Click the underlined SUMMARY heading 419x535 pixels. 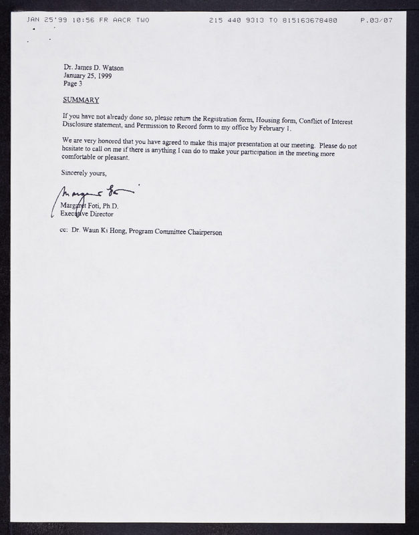[x=80, y=100]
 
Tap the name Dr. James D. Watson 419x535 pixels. [x=94, y=67]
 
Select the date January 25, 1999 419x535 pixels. [x=88, y=76]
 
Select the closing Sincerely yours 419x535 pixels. [x=84, y=173]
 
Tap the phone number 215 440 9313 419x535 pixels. [x=231, y=21]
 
